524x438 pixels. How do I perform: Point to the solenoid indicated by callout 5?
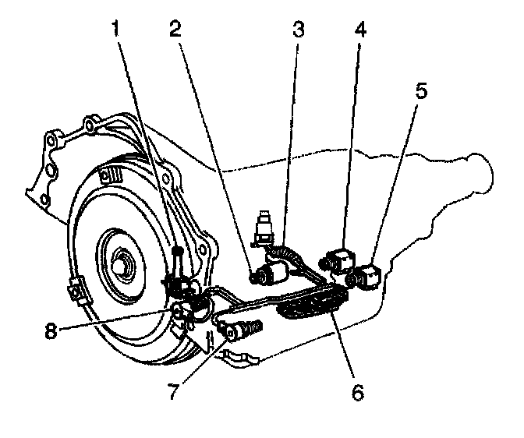(x=367, y=274)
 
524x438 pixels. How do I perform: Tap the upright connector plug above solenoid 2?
(x=266, y=223)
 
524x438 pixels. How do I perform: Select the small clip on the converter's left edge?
(x=77, y=289)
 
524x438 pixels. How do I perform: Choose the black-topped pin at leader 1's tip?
(x=178, y=251)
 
